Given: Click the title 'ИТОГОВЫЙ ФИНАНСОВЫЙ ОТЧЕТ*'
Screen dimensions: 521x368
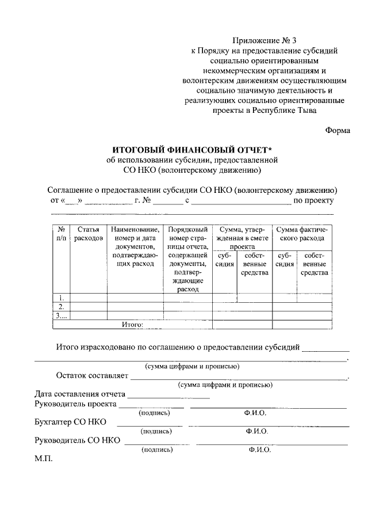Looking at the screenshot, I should pyautogui.click(x=191, y=149).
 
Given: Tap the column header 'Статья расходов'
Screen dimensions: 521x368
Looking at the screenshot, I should pyautogui.click(x=89, y=233).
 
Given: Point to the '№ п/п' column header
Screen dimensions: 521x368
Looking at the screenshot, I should pyautogui.click(x=61, y=233).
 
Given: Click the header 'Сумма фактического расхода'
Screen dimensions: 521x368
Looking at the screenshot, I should pyautogui.click(x=301, y=233).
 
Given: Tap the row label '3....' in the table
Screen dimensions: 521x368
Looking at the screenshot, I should pyautogui.click(x=61, y=315).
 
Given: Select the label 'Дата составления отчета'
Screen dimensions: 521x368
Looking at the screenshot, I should pyautogui.click(x=79, y=395).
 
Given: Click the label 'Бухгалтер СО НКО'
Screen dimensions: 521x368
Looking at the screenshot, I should pyautogui.click(x=71, y=422).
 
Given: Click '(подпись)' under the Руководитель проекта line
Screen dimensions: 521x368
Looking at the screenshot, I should pyautogui.click(x=155, y=412).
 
